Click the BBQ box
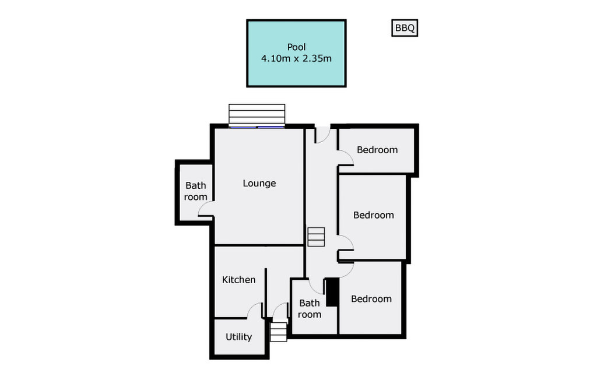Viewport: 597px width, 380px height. pos(405,28)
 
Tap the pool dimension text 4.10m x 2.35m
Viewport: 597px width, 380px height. pos(296,58)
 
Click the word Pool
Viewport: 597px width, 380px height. pos(296,47)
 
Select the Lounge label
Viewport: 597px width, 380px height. pos(259,183)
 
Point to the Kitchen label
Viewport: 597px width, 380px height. pos(238,280)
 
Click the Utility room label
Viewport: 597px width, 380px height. pos(238,337)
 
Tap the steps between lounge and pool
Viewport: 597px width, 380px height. pos(257,115)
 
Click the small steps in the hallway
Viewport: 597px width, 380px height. pos(316,237)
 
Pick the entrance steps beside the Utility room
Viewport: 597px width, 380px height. pos(278,332)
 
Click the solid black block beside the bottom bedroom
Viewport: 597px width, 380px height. pos(332,293)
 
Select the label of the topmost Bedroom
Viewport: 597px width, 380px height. pos(377,150)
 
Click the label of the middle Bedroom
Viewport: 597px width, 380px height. pos(374,214)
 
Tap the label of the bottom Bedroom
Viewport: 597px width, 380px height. pos(371,298)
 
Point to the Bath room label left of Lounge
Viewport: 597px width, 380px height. pos(196,191)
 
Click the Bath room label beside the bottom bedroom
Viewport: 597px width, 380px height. pos(310,308)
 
